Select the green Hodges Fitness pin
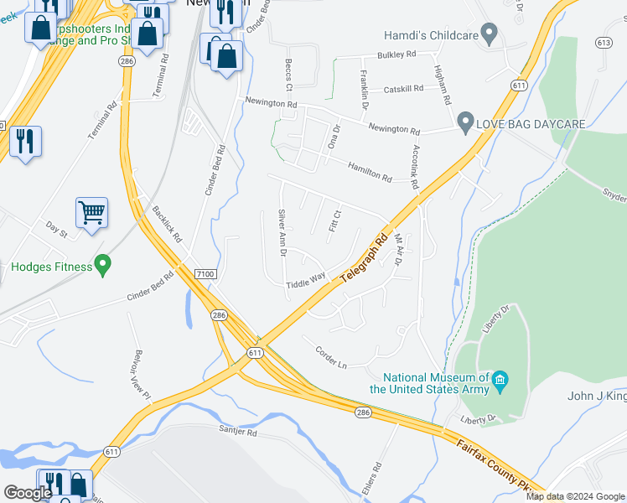click(103, 266)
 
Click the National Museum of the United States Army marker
click(500, 381)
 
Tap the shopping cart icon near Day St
click(91, 212)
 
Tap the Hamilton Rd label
click(370, 173)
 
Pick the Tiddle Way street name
click(305, 280)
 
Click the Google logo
click(27, 493)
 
